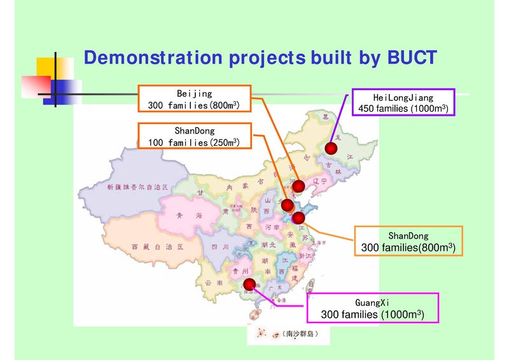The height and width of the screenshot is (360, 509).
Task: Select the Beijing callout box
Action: (x=194, y=99)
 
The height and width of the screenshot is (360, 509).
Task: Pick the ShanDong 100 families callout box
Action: (x=194, y=137)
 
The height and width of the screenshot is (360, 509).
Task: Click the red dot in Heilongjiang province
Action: (x=330, y=149)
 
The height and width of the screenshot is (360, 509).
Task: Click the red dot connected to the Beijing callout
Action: (x=296, y=185)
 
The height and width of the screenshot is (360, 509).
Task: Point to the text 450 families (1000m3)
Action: (x=403, y=109)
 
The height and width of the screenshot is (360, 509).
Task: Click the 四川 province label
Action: (x=220, y=247)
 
